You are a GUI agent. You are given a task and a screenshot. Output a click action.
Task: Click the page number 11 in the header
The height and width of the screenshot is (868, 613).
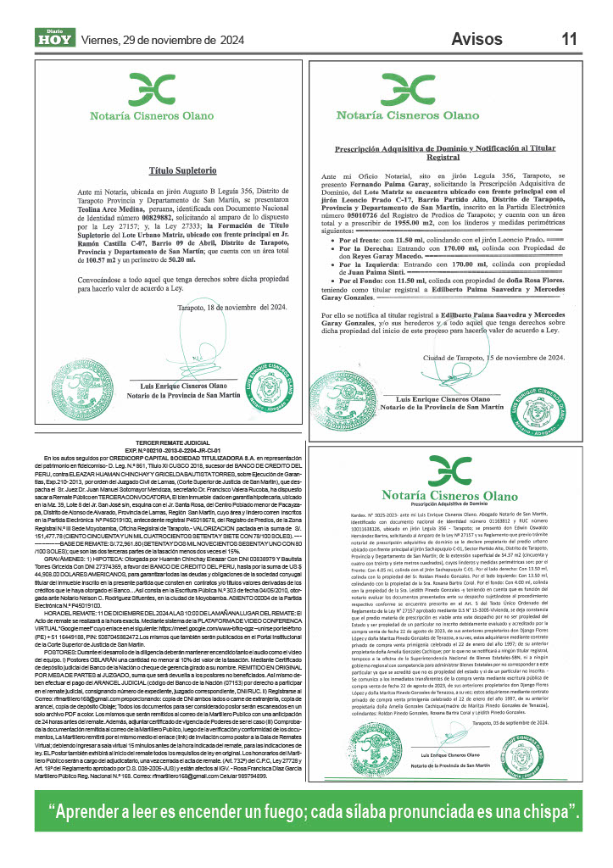[570, 38]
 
